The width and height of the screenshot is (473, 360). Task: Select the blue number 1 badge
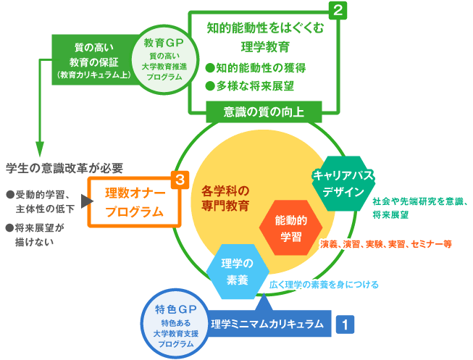345,323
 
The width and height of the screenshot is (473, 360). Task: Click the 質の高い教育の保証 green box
88,59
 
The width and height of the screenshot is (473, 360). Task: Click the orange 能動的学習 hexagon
290,227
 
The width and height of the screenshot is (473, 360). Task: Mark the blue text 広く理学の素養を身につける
323,284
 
